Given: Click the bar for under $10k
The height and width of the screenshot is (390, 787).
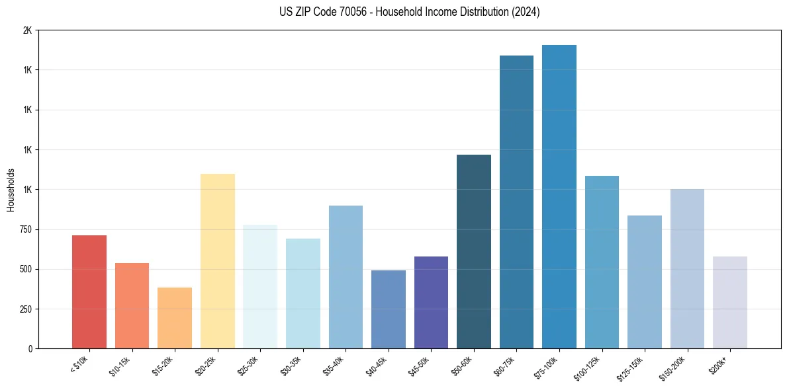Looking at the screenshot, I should [x=89, y=292].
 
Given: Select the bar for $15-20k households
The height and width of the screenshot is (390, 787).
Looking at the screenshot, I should [x=175, y=318].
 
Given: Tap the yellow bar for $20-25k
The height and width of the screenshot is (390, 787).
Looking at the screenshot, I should [x=218, y=261].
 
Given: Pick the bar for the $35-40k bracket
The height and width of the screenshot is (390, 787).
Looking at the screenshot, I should [x=346, y=277].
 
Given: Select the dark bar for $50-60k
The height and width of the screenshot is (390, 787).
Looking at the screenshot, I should [x=474, y=251].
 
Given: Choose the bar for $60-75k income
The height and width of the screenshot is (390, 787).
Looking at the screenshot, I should [x=516, y=202].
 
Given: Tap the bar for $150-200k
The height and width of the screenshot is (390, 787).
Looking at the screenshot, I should [x=687, y=268].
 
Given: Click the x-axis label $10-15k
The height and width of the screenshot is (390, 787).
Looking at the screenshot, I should [x=120, y=366].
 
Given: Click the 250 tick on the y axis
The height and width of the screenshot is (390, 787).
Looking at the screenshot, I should [x=24, y=309].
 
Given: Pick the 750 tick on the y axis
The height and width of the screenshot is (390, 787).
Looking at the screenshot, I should [x=24, y=229].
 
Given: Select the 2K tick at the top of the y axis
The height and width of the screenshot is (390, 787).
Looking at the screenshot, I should [x=27, y=30].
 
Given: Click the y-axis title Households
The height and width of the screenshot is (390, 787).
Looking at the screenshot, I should [x=11, y=190].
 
